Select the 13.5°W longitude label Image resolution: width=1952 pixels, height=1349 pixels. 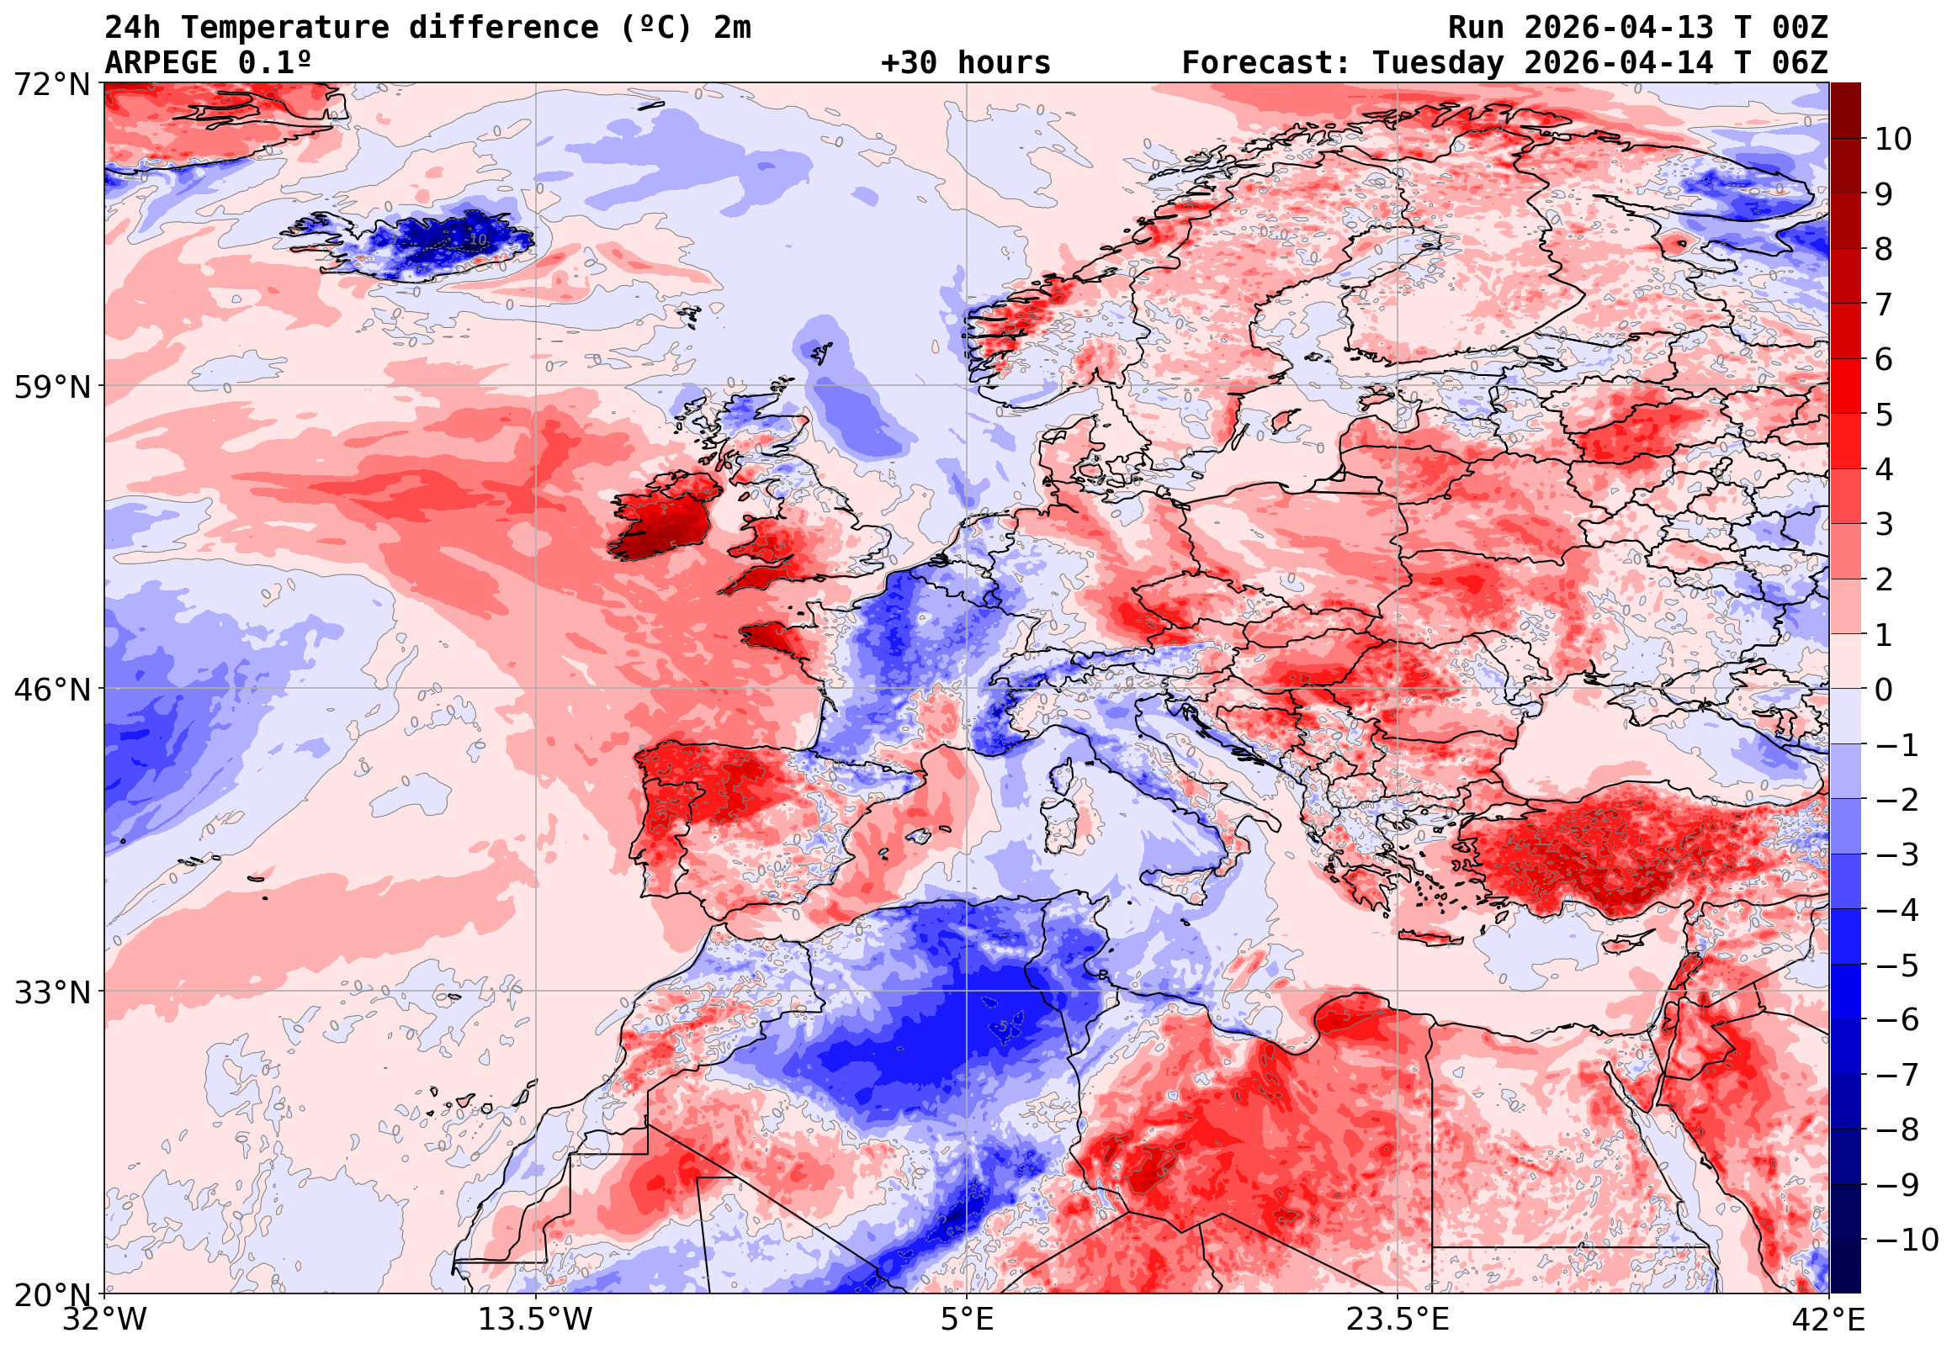click(535, 1320)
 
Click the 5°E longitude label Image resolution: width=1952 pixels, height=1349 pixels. click(966, 1320)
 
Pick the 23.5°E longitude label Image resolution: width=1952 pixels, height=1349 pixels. click(1397, 1320)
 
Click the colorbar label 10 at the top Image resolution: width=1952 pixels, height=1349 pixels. click(1893, 140)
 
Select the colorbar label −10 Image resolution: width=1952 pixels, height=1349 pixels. click(1907, 1240)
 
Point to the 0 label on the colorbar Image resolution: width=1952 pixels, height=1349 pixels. click(1884, 690)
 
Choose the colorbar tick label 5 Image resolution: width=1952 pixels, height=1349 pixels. click(1884, 415)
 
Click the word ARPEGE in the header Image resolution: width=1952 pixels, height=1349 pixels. click(161, 63)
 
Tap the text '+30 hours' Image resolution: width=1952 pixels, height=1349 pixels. click(965, 63)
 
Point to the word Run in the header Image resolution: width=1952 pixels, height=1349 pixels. click(1476, 28)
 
